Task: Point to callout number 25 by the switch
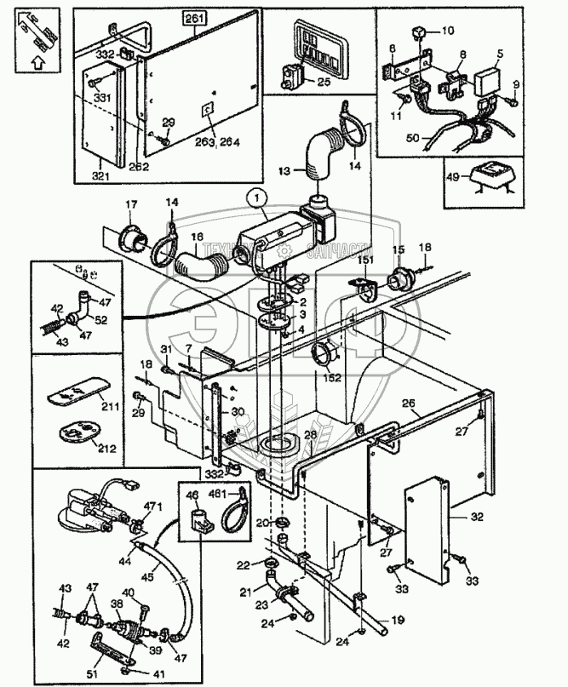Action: click(323, 82)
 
